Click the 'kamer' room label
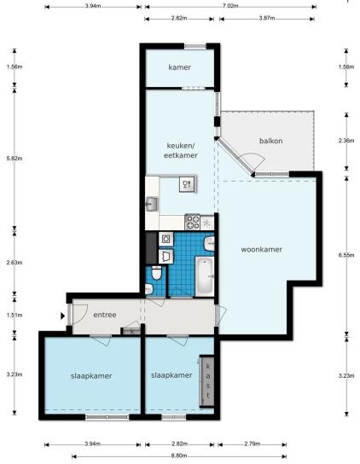tap(179, 67)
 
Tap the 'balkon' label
tap(271, 141)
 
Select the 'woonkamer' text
tap(261, 249)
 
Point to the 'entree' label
tap(105, 315)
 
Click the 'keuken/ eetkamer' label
tap(181, 150)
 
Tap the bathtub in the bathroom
tap(205, 276)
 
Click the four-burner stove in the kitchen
tap(193, 222)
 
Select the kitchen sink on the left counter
tap(152, 204)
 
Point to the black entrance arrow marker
tap(63, 316)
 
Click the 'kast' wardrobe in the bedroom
tap(207, 381)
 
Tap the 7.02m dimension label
tap(230, 6)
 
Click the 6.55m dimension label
tap(346, 255)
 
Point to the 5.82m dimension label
tap(15, 159)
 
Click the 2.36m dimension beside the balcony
tap(346, 141)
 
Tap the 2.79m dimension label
tap(253, 444)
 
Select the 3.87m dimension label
tap(267, 18)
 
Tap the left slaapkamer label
tap(91, 376)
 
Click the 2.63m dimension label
tap(15, 263)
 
